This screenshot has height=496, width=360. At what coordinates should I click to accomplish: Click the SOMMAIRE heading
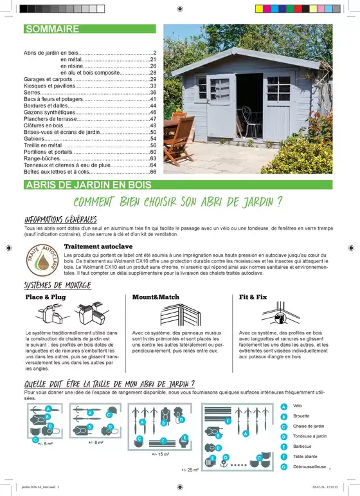tap(52, 29)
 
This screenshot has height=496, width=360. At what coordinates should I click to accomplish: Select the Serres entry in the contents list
tap(33, 93)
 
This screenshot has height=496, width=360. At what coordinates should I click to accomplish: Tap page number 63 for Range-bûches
tap(154, 158)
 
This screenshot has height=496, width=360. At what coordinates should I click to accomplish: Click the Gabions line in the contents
tap(35, 138)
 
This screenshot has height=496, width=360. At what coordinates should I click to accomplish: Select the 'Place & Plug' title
tap(45, 298)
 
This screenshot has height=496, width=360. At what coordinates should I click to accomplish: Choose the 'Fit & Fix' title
tap(253, 298)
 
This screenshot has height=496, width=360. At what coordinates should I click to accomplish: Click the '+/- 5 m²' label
tap(47, 444)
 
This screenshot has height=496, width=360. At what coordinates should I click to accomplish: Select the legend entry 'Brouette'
tap(301, 416)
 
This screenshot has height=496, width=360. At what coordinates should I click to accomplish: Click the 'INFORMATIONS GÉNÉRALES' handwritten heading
tap(60, 219)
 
